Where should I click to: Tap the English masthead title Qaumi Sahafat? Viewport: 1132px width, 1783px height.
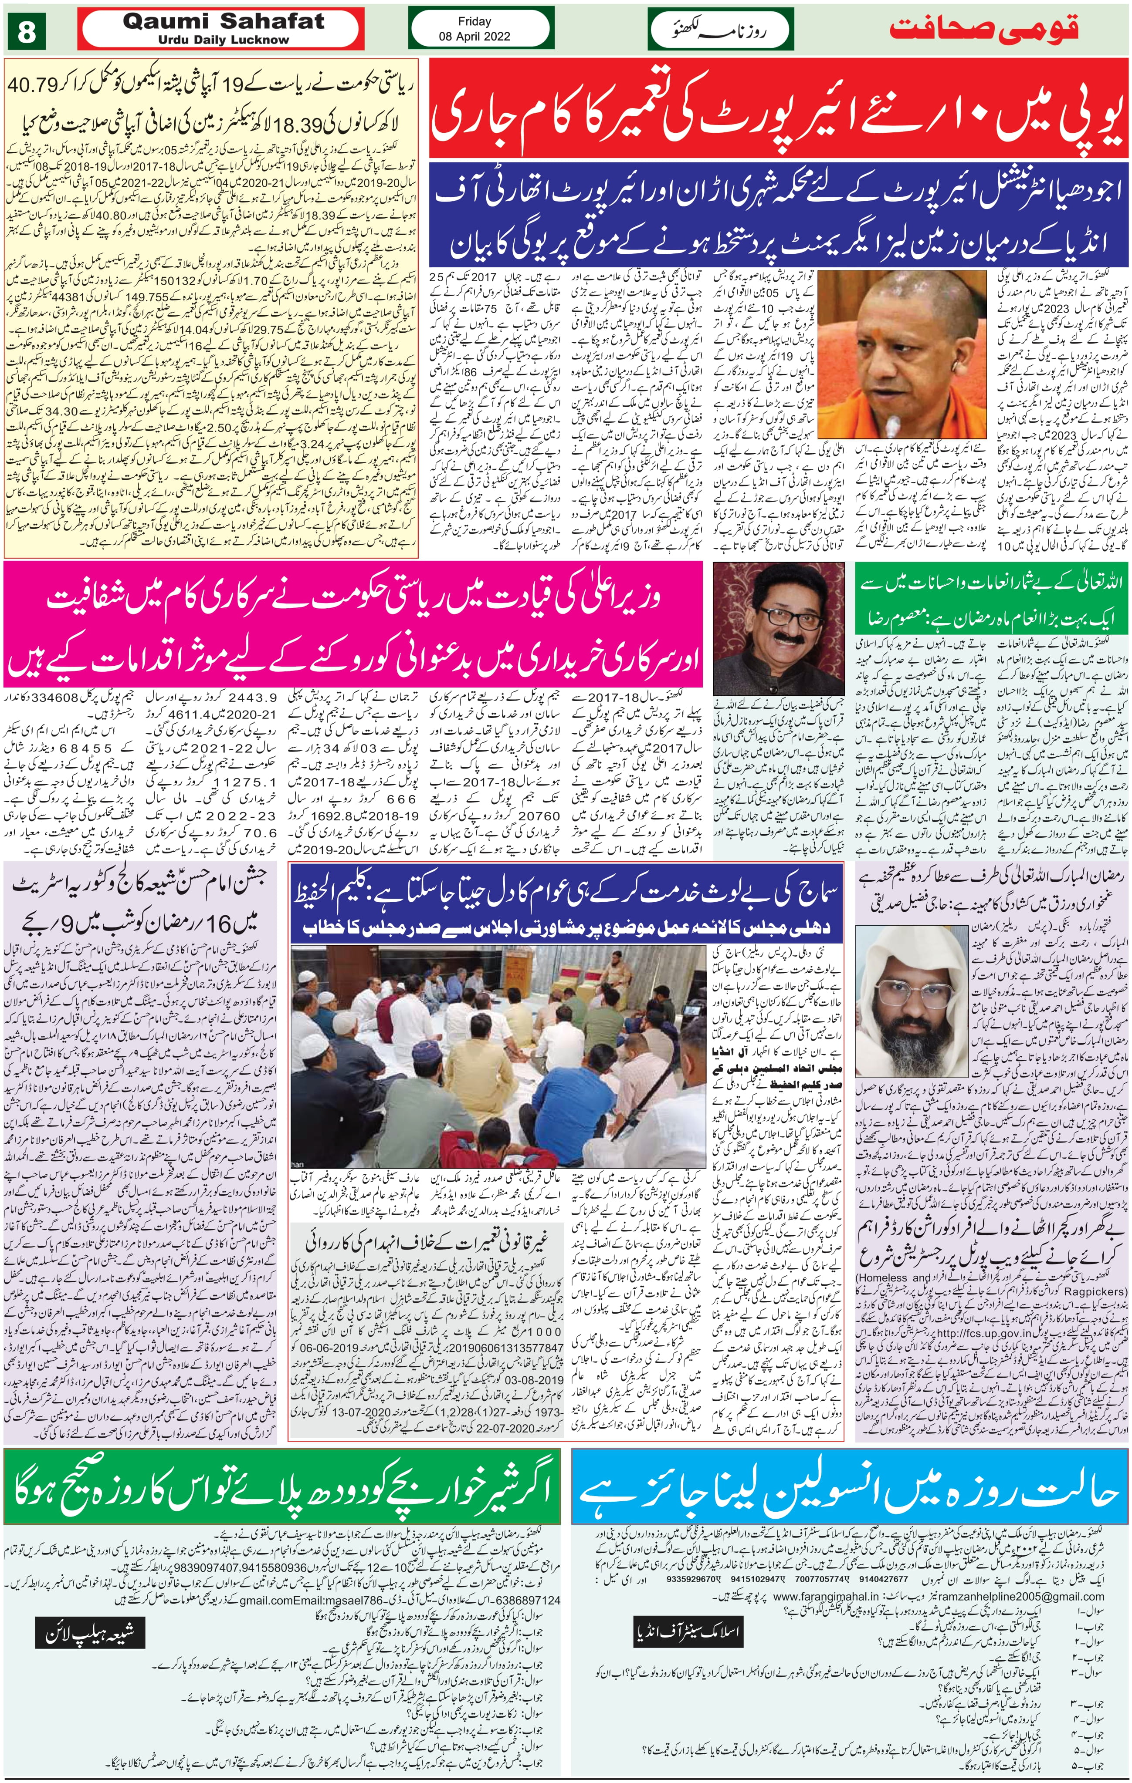click(223, 21)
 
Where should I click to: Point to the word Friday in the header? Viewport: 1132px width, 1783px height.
click(474, 21)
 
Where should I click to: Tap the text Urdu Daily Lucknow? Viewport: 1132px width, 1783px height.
click(223, 39)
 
